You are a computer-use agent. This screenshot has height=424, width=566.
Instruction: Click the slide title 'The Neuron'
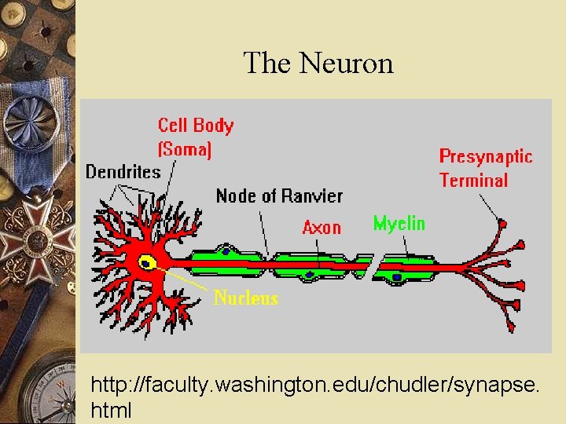point(318,63)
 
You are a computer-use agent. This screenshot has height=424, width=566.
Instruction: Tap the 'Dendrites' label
point(123,172)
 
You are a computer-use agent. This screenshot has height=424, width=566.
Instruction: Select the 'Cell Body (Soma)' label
point(195,136)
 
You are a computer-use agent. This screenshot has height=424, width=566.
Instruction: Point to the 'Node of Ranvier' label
point(278,196)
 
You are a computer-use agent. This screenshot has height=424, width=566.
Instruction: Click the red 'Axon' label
point(322,228)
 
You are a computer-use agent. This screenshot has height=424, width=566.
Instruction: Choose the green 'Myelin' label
point(399,224)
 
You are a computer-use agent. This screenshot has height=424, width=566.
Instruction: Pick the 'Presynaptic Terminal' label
point(485,168)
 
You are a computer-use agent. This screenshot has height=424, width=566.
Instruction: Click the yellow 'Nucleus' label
point(245,298)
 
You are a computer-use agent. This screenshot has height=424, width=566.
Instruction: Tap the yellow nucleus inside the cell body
point(146,262)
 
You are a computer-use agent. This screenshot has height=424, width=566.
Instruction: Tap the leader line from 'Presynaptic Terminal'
point(488,205)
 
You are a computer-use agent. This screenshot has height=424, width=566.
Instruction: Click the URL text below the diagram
point(314,397)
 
